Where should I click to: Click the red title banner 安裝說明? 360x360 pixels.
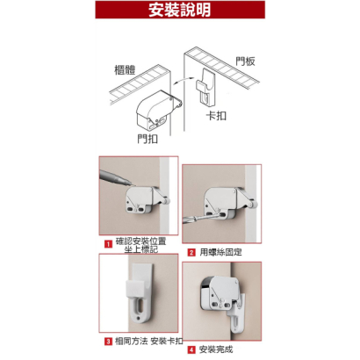click(179, 11)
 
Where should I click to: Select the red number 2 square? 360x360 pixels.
click(191, 252)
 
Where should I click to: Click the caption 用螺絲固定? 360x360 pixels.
click(220, 252)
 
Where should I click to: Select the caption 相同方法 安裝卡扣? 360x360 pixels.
click(147, 338)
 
